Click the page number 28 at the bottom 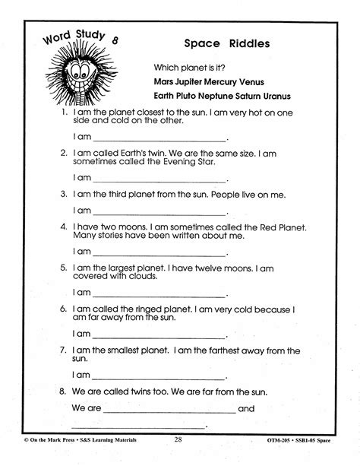point(178,458)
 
